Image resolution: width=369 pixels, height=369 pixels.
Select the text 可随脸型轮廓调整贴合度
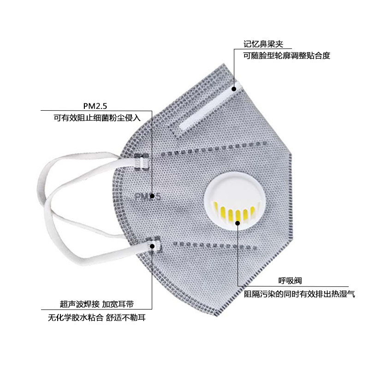click(287, 56)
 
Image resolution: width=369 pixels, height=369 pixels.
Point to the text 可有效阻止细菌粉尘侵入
click(96, 118)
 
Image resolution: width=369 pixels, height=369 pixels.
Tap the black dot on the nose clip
click(233, 87)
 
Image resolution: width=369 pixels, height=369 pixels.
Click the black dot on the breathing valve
click(238, 223)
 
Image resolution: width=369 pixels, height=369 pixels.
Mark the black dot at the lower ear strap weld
click(152, 246)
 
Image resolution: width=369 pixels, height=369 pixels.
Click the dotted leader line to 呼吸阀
click(238, 258)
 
